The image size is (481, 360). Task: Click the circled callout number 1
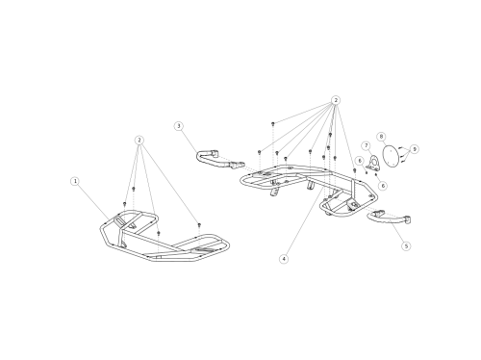click(x=75, y=181)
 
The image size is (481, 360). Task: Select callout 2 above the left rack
click(x=139, y=141)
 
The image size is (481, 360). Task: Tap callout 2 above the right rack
click(x=336, y=100)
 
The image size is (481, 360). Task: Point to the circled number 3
click(x=179, y=126)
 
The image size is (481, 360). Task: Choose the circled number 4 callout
click(x=284, y=259)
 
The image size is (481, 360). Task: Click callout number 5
click(x=406, y=246)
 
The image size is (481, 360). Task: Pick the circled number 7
click(x=367, y=145)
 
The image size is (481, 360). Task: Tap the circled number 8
click(x=381, y=137)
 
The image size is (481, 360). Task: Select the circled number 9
click(x=415, y=149)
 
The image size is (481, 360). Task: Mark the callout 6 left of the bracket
click(x=360, y=161)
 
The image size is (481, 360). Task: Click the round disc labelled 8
click(x=391, y=157)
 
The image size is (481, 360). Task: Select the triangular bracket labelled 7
click(x=373, y=164)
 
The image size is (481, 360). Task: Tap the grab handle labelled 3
click(x=216, y=160)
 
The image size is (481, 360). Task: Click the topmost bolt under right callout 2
click(x=273, y=123)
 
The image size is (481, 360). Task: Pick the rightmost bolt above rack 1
click(x=199, y=224)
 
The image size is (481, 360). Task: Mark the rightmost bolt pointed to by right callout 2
click(x=355, y=170)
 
